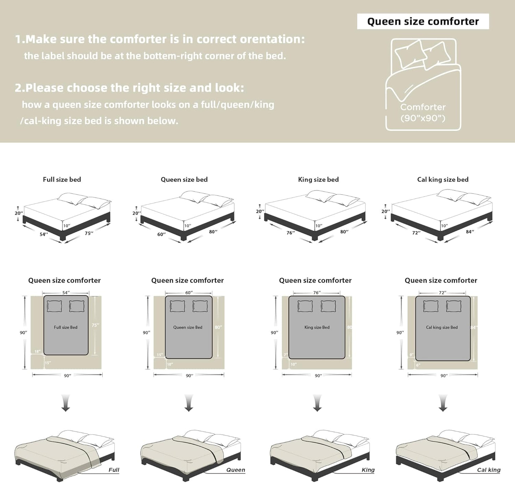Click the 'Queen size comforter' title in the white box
(423, 21)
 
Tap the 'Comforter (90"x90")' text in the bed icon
(423, 113)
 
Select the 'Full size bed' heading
(62, 179)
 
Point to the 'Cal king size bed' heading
(443, 179)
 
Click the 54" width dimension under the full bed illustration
(43, 234)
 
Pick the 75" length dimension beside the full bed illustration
(89, 233)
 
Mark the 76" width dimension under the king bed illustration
(290, 233)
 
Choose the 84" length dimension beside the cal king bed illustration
(470, 232)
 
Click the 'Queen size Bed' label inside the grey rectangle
(188, 327)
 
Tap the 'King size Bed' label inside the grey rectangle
(317, 327)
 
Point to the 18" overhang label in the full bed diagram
(37, 351)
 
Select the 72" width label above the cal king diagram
(442, 293)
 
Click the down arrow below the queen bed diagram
(189, 403)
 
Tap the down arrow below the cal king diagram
(443, 403)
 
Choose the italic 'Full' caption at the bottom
(114, 470)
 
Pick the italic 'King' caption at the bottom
(368, 470)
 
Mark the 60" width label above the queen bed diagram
(189, 293)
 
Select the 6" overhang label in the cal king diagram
(418, 365)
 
